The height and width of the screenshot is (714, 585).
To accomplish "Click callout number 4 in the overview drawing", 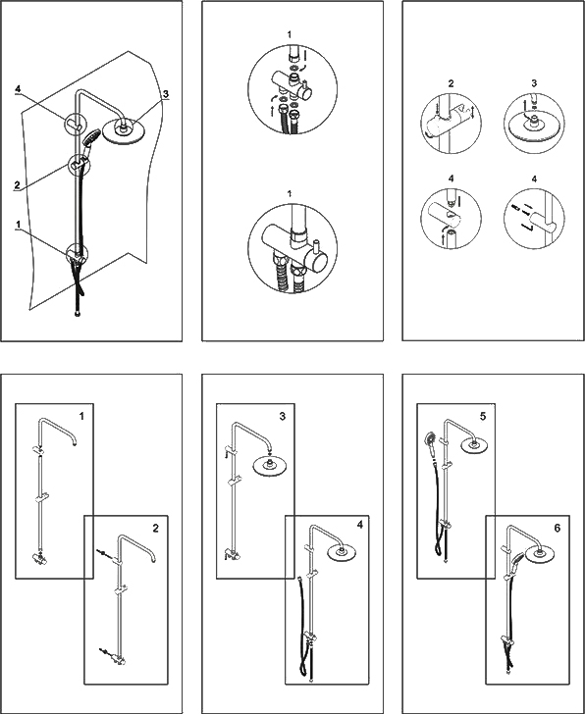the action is [19, 89].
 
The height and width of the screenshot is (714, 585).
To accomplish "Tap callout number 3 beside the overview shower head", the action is [166, 94].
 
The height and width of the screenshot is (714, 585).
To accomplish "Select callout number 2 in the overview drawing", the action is [18, 185].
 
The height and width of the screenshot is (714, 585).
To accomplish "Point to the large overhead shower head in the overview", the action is [122, 131].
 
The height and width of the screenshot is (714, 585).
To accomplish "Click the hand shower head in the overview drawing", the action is [90, 136].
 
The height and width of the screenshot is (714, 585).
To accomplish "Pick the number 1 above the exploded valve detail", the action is [290, 34].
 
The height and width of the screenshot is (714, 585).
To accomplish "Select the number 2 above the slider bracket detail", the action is [452, 83].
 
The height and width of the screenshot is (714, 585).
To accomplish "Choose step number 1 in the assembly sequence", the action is [81, 416].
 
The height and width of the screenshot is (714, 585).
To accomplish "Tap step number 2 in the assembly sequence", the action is [156, 529].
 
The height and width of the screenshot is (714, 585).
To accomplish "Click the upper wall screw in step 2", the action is [101, 553].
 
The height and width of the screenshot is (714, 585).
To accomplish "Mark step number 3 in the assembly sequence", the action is [283, 416].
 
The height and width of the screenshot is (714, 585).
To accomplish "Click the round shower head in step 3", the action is [269, 467].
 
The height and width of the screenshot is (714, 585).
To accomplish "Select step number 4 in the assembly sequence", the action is [360, 525].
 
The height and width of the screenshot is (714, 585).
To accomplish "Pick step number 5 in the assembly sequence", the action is [483, 416].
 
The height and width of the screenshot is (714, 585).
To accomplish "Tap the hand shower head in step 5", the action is [430, 438].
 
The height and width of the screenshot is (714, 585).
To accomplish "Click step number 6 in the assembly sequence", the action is [558, 529].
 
